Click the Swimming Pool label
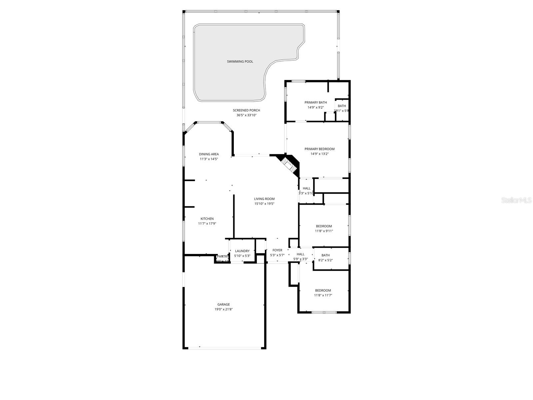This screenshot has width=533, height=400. click(x=240, y=61)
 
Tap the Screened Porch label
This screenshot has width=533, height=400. click(x=246, y=110)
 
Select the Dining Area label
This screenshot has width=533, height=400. click(x=209, y=154)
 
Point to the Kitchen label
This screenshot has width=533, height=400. click(x=207, y=219)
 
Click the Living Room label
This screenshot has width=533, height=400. click(x=264, y=199)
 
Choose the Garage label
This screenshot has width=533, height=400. click(x=224, y=304)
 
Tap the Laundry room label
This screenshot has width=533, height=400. click(x=242, y=251)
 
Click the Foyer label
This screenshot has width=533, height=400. click(x=277, y=250)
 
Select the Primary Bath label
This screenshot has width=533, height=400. click(x=315, y=102)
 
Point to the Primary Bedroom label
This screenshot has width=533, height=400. click(x=319, y=149)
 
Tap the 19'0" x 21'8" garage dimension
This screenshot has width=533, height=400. click(x=224, y=309)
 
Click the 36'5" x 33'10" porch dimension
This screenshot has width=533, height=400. click(x=246, y=115)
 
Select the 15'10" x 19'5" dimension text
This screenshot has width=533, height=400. click(x=264, y=204)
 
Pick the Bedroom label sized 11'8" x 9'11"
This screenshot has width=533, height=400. click(x=324, y=226)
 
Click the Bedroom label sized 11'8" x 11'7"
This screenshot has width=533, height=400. click(x=323, y=290)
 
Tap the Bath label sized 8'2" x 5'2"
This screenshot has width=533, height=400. click(x=325, y=255)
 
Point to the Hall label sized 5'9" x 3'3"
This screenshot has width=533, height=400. click(x=300, y=254)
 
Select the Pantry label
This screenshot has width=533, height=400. click(x=223, y=256)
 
